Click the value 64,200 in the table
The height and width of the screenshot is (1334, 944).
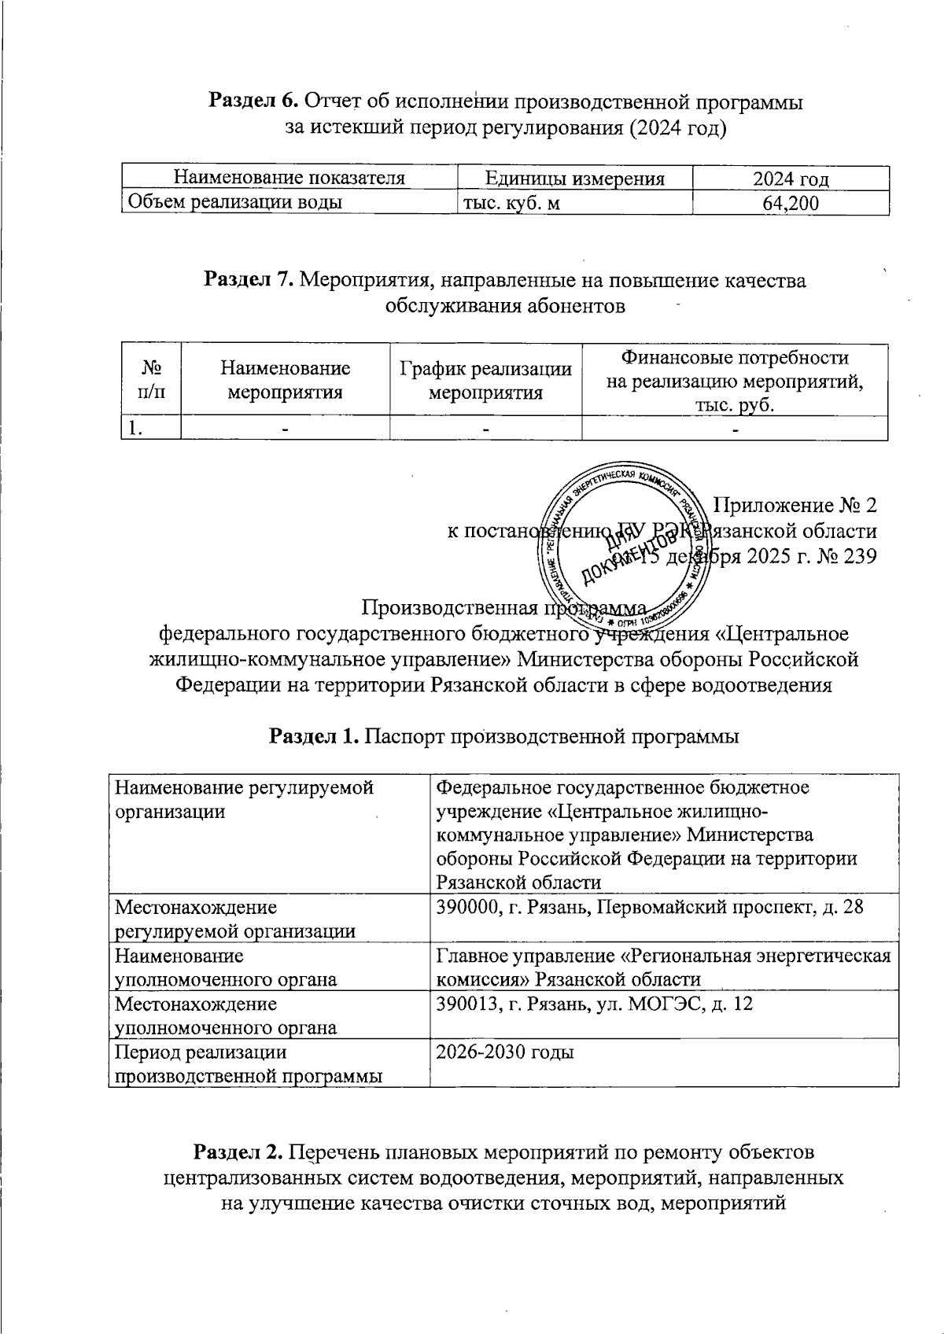(x=791, y=204)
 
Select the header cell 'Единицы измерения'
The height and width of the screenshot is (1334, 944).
(x=574, y=179)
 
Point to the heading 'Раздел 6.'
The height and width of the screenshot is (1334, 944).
(x=253, y=101)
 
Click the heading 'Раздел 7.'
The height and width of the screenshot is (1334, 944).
(x=249, y=280)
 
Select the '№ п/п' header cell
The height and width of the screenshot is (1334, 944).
(x=151, y=379)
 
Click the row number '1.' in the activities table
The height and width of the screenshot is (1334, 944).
(x=135, y=429)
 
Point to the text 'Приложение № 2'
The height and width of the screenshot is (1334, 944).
(x=795, y=504)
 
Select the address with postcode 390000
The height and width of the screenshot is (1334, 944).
(x=649, y=907)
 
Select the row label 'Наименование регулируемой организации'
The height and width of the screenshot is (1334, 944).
(x=244, y=799)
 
